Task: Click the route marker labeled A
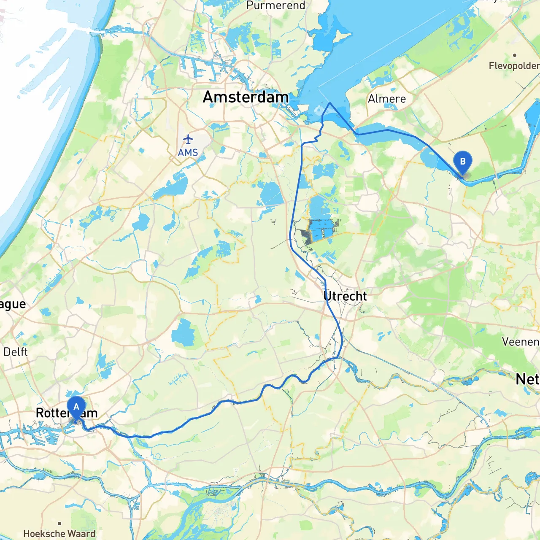tap(76, 408)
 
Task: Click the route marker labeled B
tap(462, 162)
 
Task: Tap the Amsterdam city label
tap(246, 97)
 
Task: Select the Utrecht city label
tap(345, 296)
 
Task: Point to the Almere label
tap(387, 99)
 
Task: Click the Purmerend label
tap(276, 5)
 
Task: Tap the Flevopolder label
tap(514, 66)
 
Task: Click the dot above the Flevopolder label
tap(515, 55)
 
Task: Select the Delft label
tap(16, 352)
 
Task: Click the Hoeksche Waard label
tap(59, 534)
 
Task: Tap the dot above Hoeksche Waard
tap(59, 524)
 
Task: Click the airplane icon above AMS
tap(188, 139)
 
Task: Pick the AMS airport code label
tap(188, 152)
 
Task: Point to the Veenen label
tap(521, 342)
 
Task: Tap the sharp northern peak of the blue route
tap(330, 103)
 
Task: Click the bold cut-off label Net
tap(527, 379)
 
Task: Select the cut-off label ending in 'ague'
tap(13, 304)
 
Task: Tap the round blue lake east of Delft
tap(183, 332)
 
